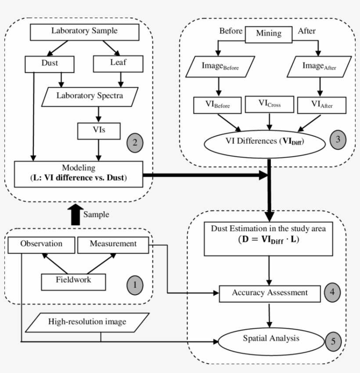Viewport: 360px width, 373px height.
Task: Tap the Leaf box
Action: coord(118,63)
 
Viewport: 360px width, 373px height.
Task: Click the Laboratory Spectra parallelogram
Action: coord(90,96)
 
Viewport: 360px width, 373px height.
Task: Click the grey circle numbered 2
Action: coord(134,142)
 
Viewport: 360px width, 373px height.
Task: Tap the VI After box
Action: coord(321,105)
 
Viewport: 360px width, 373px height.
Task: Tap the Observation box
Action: coord(41,244)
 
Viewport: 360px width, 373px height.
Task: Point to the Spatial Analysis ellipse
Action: coord(271,338)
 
